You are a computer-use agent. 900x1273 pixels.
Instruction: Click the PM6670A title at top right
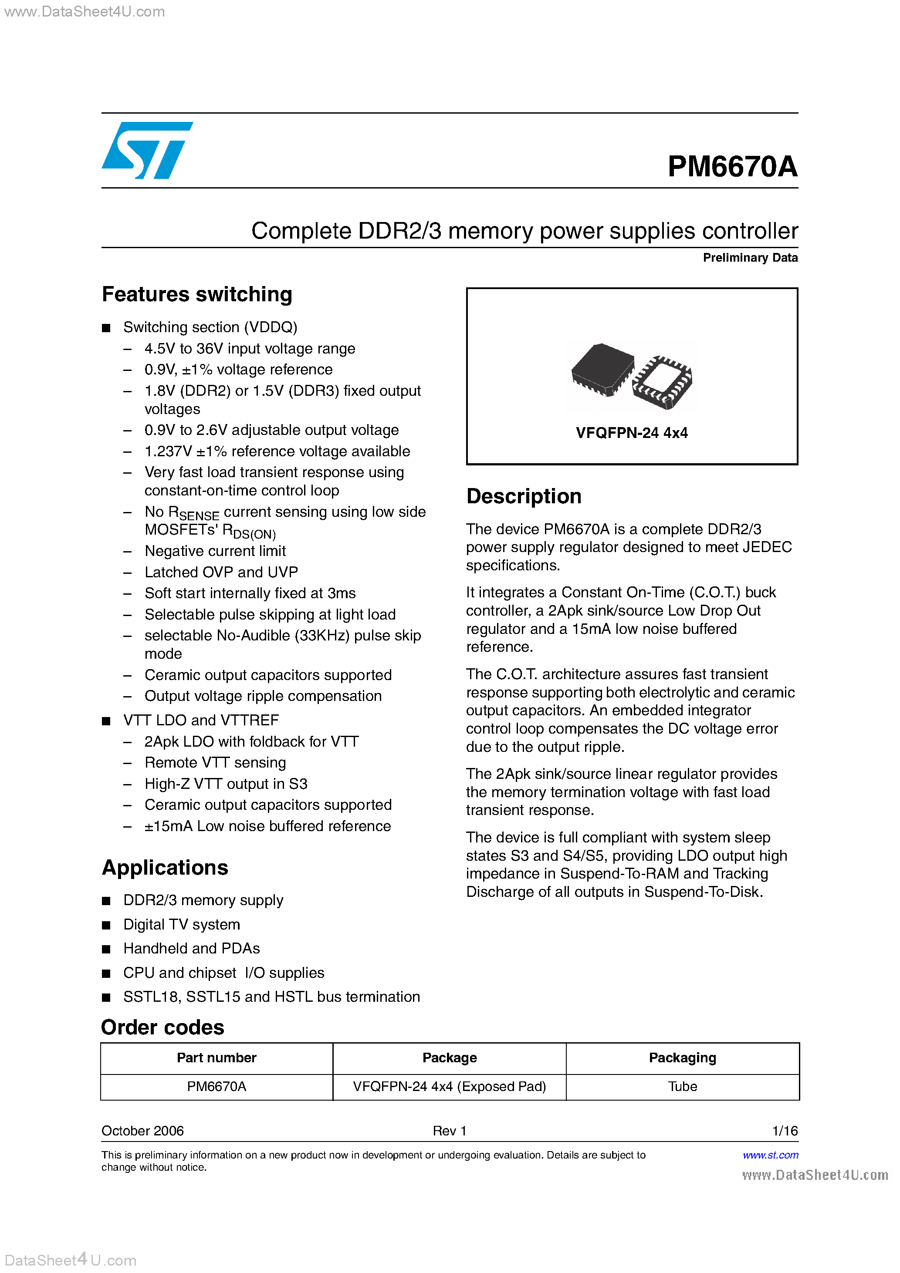pyautogui.click(x=732, y=166)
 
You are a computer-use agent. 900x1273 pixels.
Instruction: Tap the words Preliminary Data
pyautogui.click(x=750, y=258)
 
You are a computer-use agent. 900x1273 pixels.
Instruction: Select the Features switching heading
pyautogui.click(x=197, y=294)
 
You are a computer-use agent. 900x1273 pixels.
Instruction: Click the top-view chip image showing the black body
pyautogui.click(x=602, y=369)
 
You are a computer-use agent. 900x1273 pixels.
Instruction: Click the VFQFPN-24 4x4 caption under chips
pyautogui.click(x=632, y=433)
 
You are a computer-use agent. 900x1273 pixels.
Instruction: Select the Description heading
pyautogui.click(x=523, y=496)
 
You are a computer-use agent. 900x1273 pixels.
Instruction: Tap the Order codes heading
pyautogui.click(x=162, y=1027)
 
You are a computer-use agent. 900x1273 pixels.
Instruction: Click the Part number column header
pyautogui.click(x=217, y=1058)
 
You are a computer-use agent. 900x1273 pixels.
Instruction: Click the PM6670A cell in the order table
pyautogui.click(x=217, y=1087)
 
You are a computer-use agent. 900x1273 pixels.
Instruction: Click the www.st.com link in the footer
pyautogui.click(x=770, y=1155)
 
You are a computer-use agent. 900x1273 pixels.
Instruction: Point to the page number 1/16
pyautogui.click(x=785, y=1131)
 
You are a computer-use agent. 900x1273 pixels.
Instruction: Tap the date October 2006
pyautogui.click(x=142, y=1131)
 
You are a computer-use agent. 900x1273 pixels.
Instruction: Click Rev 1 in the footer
pyautogui.click(x=450, y=1131)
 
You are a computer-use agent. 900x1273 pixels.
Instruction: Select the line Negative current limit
pyautogui.click(x=215, y=551)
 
